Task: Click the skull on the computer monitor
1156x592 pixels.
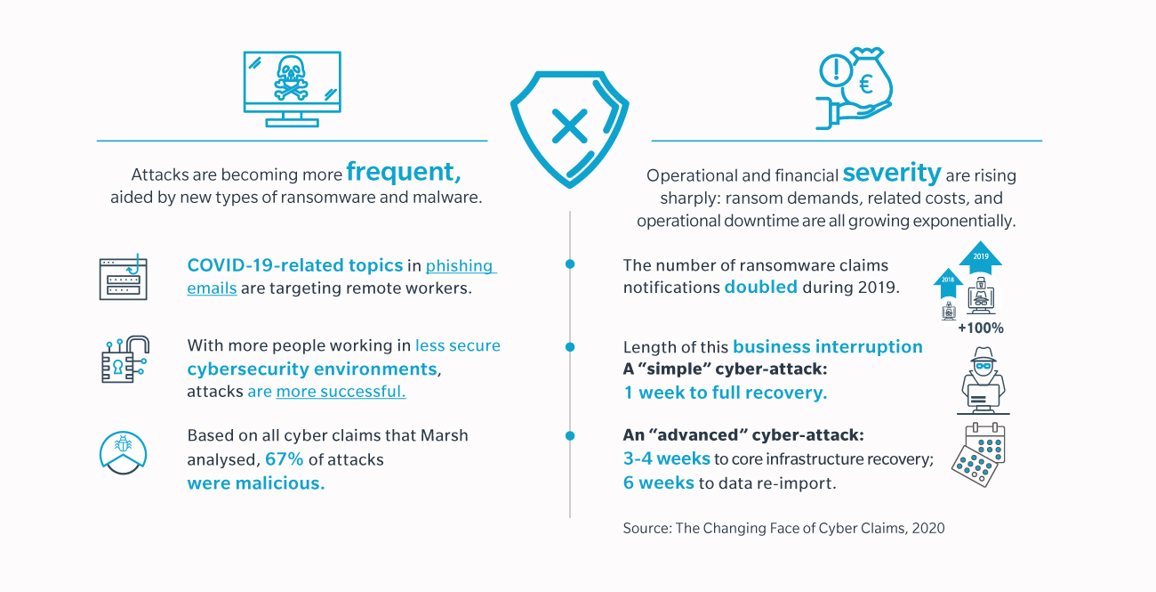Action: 291,77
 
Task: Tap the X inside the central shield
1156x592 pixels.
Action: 570,126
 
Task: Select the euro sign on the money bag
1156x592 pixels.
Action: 865,85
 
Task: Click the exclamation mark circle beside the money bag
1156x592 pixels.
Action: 835,70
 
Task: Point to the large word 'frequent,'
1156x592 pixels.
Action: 403,172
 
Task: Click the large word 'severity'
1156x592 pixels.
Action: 892,173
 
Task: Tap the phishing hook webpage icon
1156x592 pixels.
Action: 124,278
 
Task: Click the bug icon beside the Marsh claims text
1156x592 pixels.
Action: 123,453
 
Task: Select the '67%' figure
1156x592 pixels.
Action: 284,459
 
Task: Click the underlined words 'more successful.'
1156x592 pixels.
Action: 341,392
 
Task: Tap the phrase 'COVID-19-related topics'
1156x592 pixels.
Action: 294,265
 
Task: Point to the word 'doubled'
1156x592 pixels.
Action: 760,288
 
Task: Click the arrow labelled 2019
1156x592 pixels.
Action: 981,257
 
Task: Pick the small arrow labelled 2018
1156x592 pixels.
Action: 948,282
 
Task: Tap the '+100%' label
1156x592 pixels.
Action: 981,328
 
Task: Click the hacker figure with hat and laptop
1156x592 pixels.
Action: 983,381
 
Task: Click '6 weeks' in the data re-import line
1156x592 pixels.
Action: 659,483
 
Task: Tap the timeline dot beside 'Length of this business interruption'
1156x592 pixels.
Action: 570,347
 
